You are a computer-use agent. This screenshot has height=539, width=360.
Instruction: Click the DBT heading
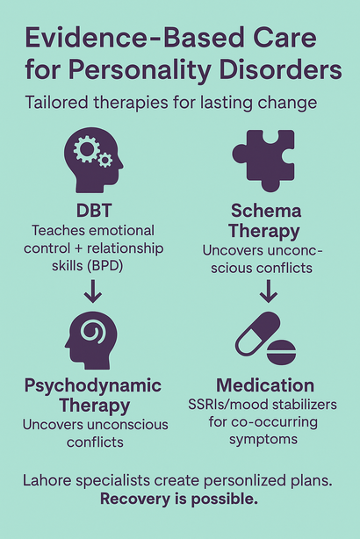click(x=94, y=211)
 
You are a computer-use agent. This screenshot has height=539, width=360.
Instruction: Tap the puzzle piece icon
click(x=263, y=161)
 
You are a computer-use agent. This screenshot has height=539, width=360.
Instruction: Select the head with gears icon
click(x=94, y=160)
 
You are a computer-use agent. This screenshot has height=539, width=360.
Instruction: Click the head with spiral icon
click(x=91, y=341)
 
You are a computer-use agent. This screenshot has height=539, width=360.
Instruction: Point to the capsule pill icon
click(x=258, y=334)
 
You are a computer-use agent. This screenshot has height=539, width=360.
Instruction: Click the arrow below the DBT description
click(x=93, y=291)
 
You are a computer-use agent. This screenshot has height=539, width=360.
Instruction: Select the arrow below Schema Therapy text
click(x=268, y=291)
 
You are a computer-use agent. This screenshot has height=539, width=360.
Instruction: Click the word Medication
click(x=265, y=385)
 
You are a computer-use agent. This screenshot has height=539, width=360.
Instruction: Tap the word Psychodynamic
click(x=93, y=386)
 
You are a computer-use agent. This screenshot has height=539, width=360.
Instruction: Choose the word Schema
click(x=266, y=211)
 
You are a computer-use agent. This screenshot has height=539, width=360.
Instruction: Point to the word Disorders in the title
click(x=280, y=69)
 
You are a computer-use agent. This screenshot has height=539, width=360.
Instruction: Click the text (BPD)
click(x=104, y=266)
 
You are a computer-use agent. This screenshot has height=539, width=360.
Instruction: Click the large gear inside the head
click(x=86, y=148)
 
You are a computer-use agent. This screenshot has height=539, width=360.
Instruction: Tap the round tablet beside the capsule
click(x=281, y=352)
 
